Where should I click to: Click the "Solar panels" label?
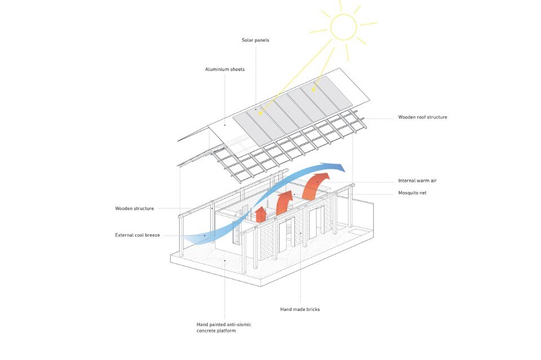pos(255,40)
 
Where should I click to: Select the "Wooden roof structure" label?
pos(423,117)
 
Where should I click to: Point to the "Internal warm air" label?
pos(417,181)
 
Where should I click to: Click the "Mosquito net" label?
pos(413,193)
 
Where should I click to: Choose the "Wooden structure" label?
pos(134,208)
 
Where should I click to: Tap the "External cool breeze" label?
pos(138,235)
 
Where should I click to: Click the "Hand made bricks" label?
pos(300,309)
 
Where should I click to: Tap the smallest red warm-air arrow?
pos(260,214)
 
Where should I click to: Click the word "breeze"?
pos(151,235)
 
